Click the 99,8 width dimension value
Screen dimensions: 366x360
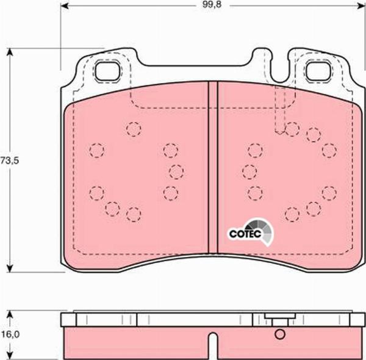[212, 5]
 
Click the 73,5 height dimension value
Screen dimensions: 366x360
[10, 160]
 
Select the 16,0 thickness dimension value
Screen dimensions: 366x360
[10, 334]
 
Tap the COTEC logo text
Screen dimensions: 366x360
[245, 234]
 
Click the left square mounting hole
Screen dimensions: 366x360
[107, 71]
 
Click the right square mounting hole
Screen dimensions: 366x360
[318, 71]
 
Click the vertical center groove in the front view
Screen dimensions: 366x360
[213, 167]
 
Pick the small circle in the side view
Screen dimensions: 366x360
[280, 334]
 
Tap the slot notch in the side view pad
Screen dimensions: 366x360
[213, 345]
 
